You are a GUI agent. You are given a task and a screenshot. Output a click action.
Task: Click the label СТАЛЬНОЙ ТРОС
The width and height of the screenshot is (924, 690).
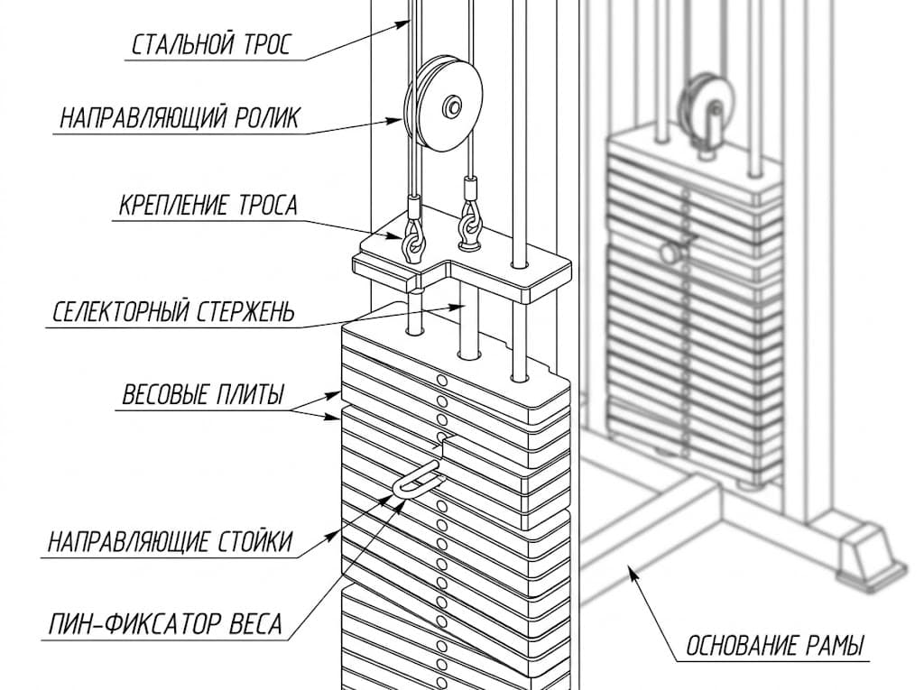pos(210,45)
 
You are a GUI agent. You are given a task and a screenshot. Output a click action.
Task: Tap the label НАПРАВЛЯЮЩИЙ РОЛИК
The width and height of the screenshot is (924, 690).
pos(180,118)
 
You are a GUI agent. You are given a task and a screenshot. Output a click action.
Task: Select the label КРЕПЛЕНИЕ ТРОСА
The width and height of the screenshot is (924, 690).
pos(208,206)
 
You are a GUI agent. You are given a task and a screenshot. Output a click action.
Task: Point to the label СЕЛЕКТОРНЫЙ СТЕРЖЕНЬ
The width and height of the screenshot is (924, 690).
pos(172,312)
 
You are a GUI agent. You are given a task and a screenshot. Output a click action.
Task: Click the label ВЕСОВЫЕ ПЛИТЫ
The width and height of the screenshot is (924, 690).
pos(203,394)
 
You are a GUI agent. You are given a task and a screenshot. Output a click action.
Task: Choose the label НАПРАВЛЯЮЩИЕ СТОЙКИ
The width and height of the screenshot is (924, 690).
pos(170,541)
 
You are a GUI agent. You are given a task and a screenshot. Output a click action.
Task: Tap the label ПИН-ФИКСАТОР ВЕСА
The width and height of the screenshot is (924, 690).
pos(165,624)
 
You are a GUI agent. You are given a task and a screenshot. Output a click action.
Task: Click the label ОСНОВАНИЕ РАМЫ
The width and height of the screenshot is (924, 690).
pos(774,646)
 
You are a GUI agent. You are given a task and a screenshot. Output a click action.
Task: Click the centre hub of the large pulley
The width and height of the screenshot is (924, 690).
pos(453,106)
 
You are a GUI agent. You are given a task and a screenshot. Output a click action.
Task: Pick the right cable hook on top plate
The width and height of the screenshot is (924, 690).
pos(469,226)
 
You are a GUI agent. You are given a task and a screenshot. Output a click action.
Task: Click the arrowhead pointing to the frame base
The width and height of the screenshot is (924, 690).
pos(632,572)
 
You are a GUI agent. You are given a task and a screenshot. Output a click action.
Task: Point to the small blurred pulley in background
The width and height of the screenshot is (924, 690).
pos(707,112)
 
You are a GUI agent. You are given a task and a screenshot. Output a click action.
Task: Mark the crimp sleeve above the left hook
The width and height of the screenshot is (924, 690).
pos(413,207)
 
